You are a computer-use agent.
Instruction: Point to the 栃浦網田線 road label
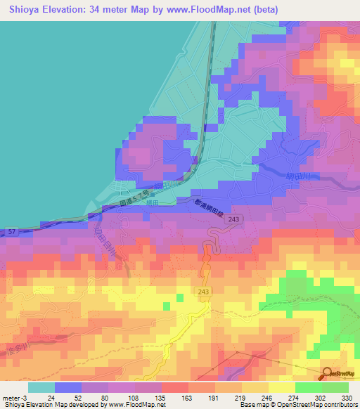[208, 205]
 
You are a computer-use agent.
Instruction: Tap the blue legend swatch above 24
[68, 387]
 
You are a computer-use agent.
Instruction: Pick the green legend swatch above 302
[308, 387]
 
